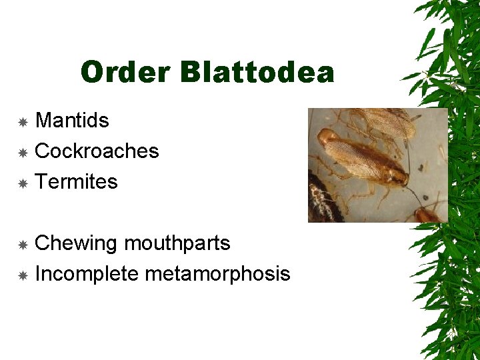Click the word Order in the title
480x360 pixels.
pos(124,72)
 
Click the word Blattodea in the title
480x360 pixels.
pos(257,72)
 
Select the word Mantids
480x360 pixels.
pos(72,121)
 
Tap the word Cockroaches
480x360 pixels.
pos(97,151)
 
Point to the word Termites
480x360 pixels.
pos(76,182)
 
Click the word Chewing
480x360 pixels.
pos(75,244)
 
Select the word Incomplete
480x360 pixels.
pos(87,274)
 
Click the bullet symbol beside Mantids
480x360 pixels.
pos(23,122)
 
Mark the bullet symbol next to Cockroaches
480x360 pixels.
pos(23,153)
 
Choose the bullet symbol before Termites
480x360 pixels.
pos(23,183)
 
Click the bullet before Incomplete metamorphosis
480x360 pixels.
pos(23,275)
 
